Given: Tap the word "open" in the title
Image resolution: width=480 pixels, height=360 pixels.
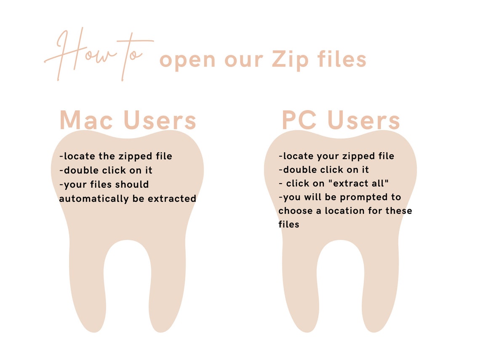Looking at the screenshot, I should coord(188,60).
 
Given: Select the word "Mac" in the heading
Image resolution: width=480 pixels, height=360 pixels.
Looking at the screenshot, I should coord(86,120).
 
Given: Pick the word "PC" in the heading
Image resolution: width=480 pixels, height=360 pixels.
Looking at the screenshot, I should coord(300,120).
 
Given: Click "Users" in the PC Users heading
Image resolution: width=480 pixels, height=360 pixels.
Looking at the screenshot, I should coord(364,120).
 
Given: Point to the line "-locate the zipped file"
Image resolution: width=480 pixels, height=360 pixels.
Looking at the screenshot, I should coord(116,156).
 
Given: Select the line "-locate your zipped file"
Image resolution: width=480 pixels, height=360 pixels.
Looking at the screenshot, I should coord(336,156).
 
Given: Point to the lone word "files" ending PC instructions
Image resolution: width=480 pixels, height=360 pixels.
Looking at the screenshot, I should coord(289,224).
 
